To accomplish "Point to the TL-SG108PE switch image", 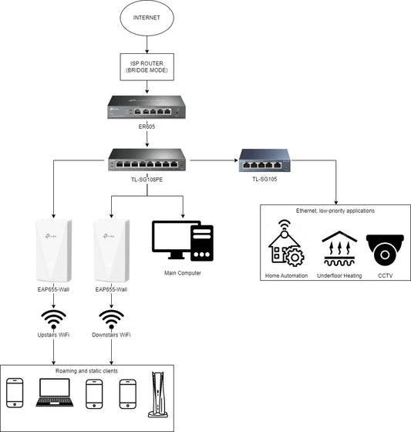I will pos(147,160).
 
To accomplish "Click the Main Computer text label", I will pos(183,273).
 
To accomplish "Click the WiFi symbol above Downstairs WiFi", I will pos(112,318).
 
